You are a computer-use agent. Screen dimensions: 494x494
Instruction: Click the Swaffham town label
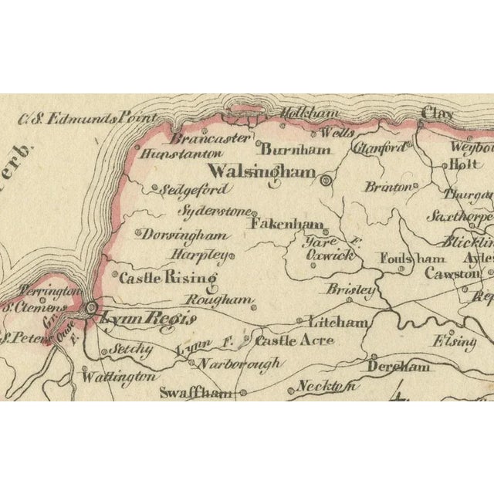click(x=196, y=392)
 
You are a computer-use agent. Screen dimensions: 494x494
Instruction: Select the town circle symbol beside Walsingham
click(x=325, y=181)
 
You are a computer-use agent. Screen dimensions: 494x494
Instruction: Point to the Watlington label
click(x=119, y=377)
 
